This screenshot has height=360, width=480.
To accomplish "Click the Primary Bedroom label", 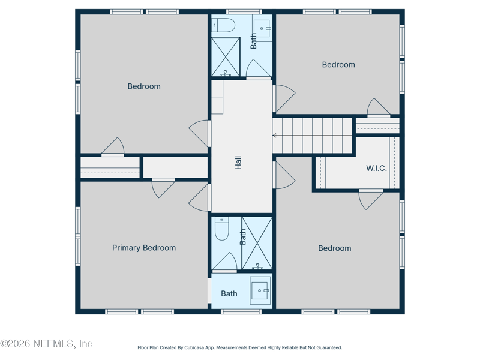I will click(x=144, y=248).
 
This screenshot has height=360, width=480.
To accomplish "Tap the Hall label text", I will click(x=238, y=162).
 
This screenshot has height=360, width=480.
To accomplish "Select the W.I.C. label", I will click(x=376, y=169).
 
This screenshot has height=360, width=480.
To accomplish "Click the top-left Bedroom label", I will click(x=144, y=86).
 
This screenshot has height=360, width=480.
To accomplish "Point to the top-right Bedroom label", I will click(x=338, y=65).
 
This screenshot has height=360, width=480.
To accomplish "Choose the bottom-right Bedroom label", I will click(x=334, y=248).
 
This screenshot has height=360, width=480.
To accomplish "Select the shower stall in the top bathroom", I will click(x=226, y=56).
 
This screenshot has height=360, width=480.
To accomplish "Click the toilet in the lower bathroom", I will click(x=221, y=229).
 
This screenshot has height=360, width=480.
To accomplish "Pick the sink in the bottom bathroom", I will click(x=260, y=290).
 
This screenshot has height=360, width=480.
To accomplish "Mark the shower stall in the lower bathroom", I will click(x=257, y=244).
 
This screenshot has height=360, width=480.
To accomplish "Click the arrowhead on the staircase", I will click(x=275, y=136).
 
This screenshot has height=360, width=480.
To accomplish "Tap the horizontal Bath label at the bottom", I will click(x=229, y=293).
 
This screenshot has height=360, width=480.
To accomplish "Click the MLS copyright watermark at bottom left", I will click(x=46, y=344).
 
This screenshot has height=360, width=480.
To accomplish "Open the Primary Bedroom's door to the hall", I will click(x=200, y=198).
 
